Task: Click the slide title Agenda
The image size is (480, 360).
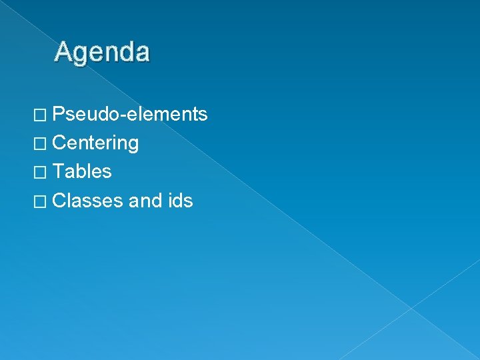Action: coord(103,52)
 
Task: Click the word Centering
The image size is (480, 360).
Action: coord(95,143)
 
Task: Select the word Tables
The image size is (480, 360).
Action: coord(82,171)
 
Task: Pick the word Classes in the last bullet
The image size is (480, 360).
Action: coord(87,200)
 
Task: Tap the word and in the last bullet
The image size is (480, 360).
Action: coord(141,200)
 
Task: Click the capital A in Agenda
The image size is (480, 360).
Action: coord(64,51)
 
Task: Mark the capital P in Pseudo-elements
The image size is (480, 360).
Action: coord(58,114)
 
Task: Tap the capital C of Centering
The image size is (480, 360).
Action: coord(59,143)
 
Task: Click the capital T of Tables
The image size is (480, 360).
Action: coord(58,171)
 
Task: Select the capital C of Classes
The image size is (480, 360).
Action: coord(59,200)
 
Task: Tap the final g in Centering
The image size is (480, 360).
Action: coord(133,145)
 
